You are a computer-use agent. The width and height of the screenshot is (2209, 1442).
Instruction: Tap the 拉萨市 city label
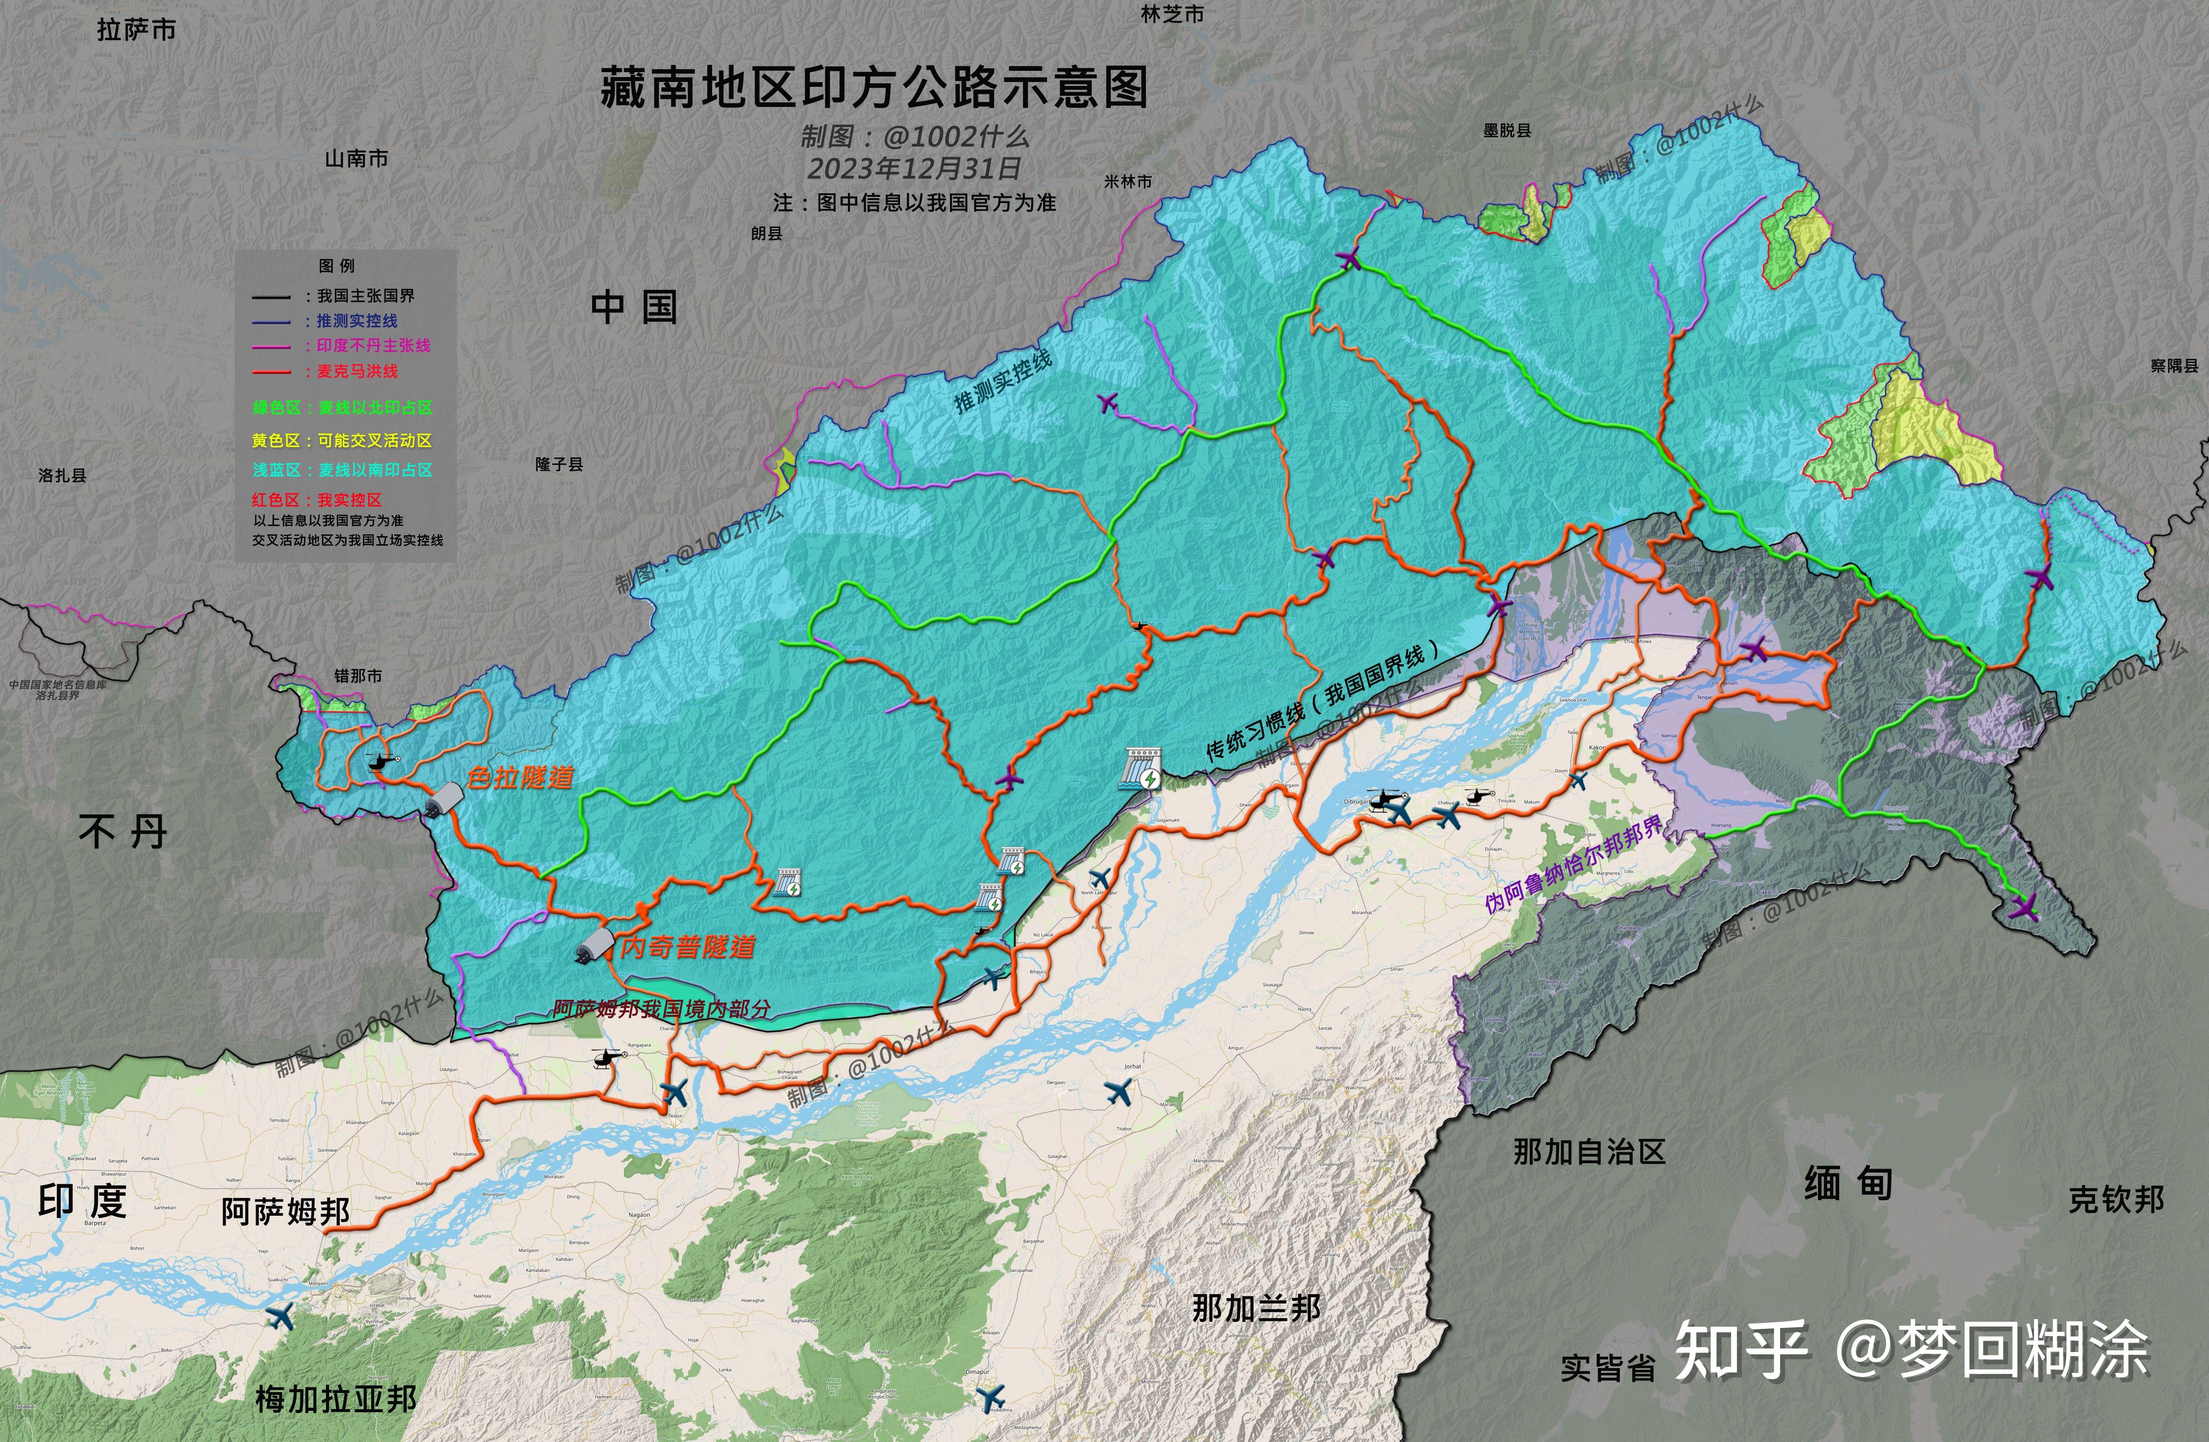pos(136,31)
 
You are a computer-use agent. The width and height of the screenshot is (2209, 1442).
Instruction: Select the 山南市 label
pos(356,159)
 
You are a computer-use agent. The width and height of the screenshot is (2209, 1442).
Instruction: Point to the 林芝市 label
pos(1172,14)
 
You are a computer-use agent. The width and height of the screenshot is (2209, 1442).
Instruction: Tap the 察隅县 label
pos(2174,366)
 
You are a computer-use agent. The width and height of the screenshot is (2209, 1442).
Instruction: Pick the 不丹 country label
pos(122,831)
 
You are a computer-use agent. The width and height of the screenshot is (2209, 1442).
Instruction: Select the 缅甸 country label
pos(1848,1183)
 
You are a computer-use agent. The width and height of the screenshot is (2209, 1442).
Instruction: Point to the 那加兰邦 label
pos(1256,1308)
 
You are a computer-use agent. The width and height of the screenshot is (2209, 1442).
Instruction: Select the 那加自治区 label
pos(1589,1152)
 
